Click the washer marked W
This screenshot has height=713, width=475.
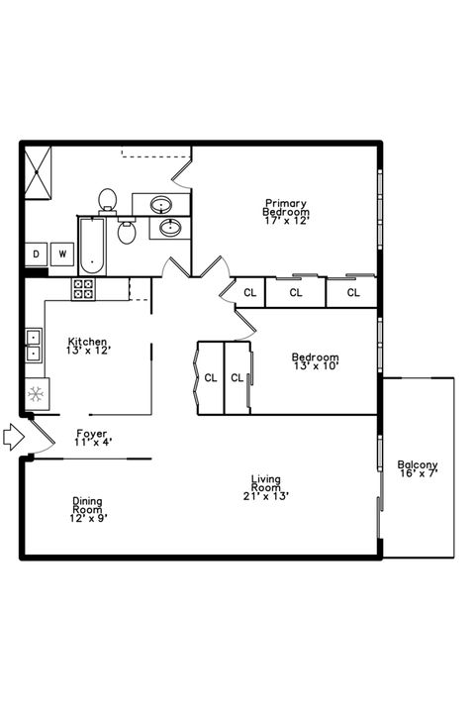coord(62,255)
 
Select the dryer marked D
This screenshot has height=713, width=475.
coord(36,255)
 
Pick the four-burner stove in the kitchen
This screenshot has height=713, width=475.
coord(83,289)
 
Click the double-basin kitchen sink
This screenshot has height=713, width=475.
coord(33,344)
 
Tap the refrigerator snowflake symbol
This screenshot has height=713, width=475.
coord(34,394)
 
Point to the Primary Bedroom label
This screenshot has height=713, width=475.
coord(285,207)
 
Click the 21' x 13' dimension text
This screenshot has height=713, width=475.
coord(265,497)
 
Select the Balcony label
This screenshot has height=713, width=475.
coord(418,464)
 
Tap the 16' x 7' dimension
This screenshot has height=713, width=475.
coord(418,474)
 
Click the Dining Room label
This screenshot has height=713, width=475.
coord(87,505)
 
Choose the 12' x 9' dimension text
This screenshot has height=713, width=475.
coord(87,518)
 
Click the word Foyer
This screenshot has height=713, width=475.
coord(92,434)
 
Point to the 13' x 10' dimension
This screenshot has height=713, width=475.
coord(315,366)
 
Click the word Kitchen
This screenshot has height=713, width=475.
coord(87,341)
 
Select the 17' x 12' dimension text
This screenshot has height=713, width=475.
coord(286,221)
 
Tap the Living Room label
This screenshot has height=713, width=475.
coord(265,483)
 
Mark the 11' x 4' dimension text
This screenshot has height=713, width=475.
coord(92,443)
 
